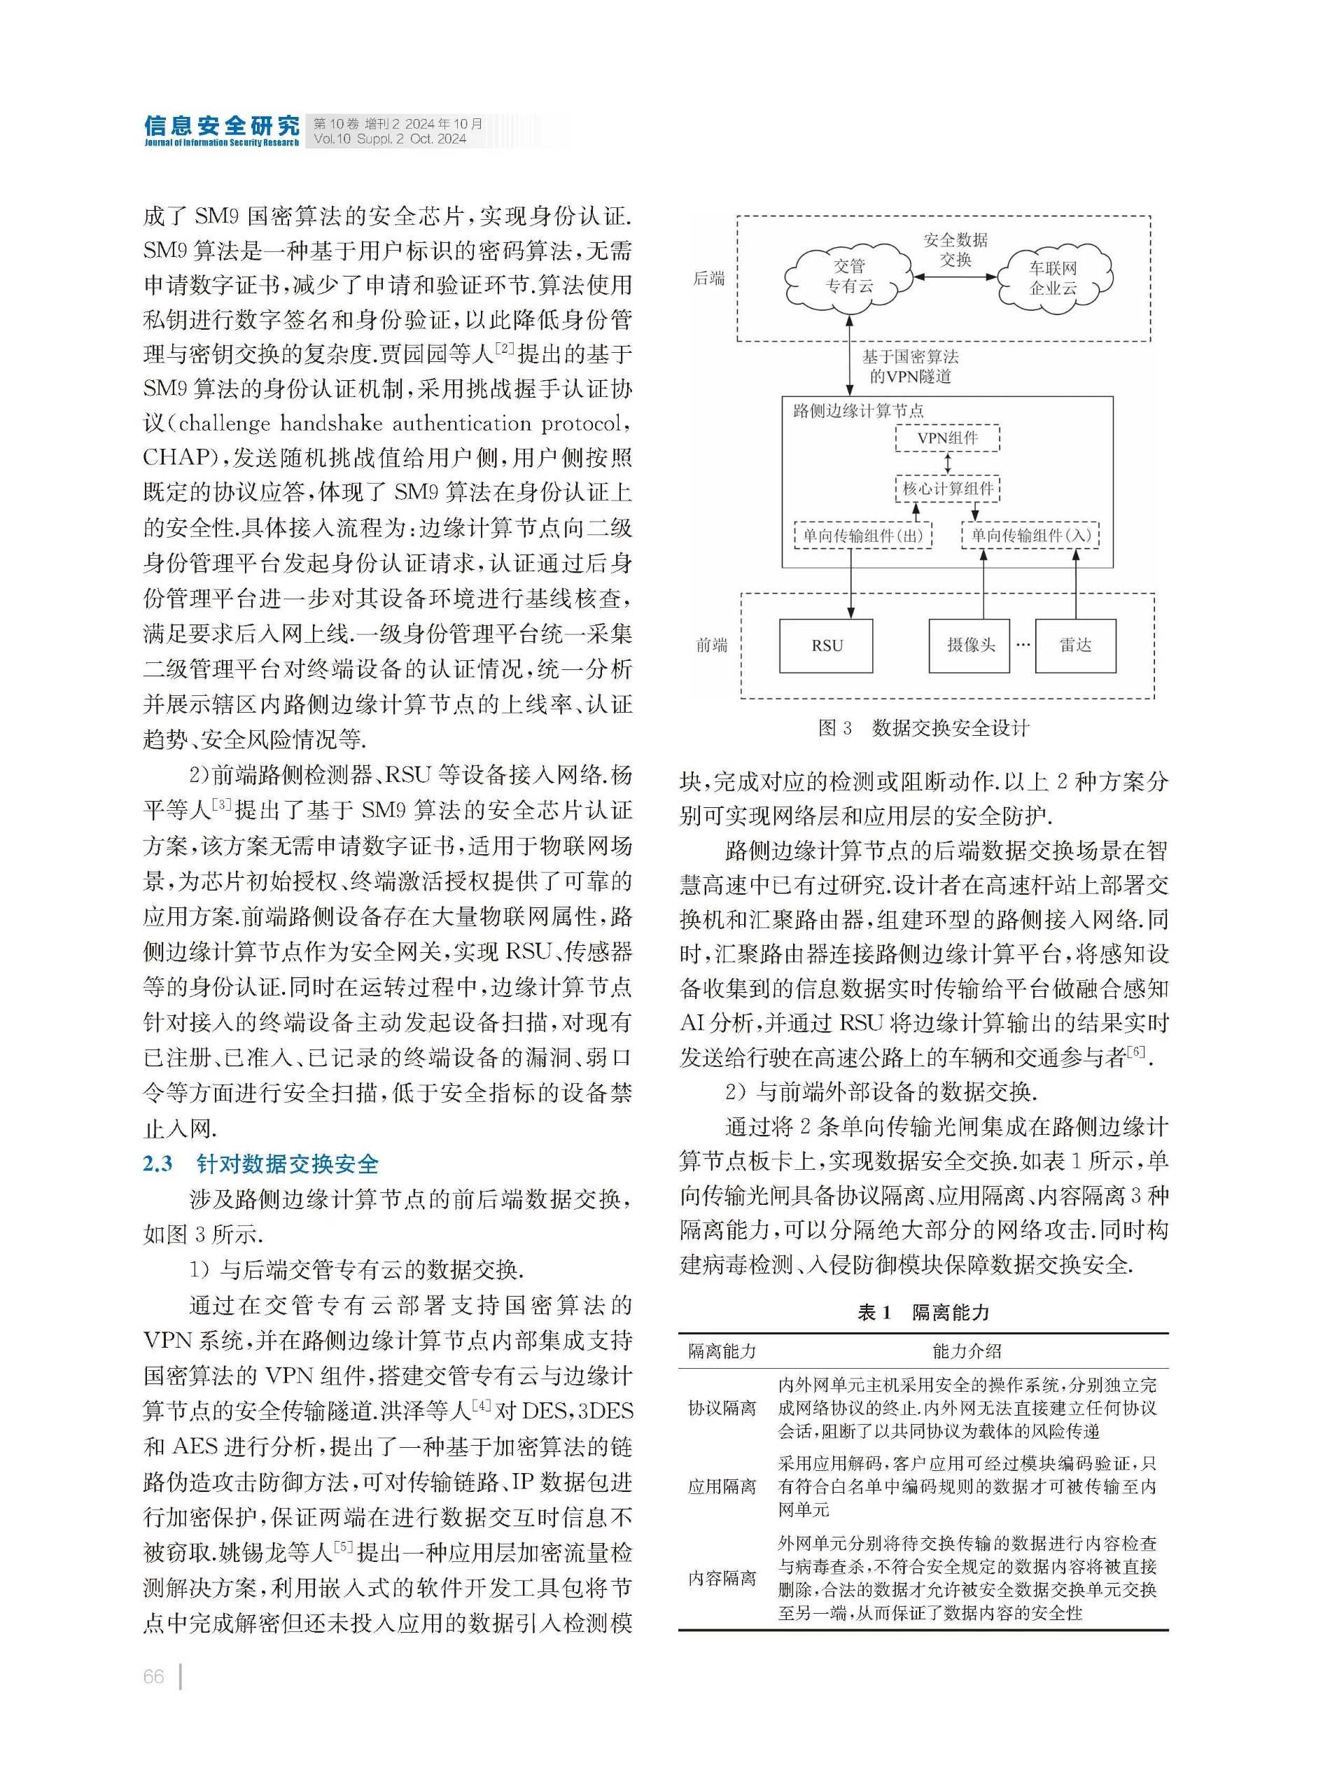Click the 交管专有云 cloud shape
click(x=848, y=276)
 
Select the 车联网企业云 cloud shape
click(x=1053, y=277)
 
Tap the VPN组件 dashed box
click(x=948, y=438)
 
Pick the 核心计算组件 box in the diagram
click(x=948, y=488)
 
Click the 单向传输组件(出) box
click(x=862, y=536)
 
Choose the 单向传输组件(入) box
click(x=1030, y=536)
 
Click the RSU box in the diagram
click(x=826, y=645)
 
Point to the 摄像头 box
click(x=969, y=645)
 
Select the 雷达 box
click(x=1074, y=645)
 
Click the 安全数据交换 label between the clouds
click(x=955, y=249)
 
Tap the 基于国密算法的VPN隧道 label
click(x=910, y=366)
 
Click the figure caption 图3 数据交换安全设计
click(x=923, y=728)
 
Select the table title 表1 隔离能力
click(x=923, y=1313)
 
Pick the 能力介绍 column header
click(x=967, y=1351)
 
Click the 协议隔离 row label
click(x=722, y=1408)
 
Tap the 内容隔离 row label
click(x=722, y=1577)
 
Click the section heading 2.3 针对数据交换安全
click(x=260, y=1164)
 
